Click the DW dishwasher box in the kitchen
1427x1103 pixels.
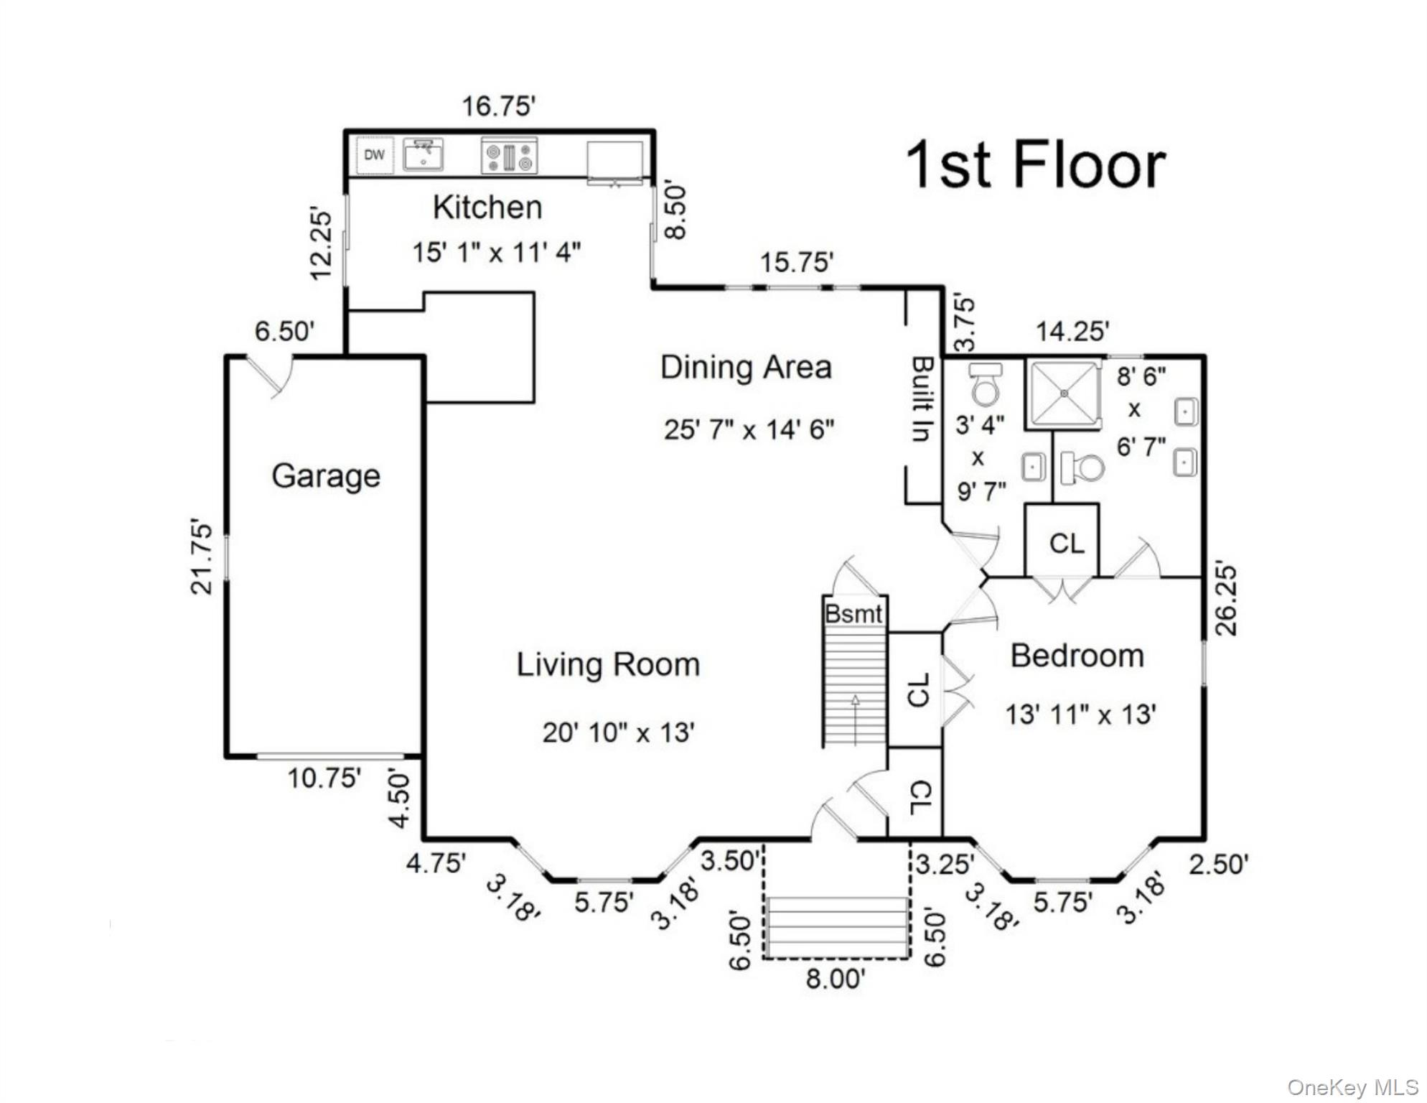coord(374,155)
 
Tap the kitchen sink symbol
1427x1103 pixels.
coord(423,155)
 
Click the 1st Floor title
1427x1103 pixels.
coord(1035,166)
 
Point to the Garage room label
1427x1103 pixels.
coord(326,476)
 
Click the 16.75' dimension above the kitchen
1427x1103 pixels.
coord(498,106)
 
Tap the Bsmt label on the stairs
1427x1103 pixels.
coord(853,614)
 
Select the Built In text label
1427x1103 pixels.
coord(923,399)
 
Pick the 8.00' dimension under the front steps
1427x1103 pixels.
coord(835,979)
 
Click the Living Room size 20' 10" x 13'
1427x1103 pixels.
coord(618,733)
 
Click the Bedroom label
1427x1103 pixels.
coord(1077,656)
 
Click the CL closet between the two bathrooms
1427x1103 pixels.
coord(1066,544)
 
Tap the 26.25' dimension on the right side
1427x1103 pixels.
coord(1227,600)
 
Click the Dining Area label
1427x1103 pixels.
coord(746,368)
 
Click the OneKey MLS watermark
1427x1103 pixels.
coord(1352,1088)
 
